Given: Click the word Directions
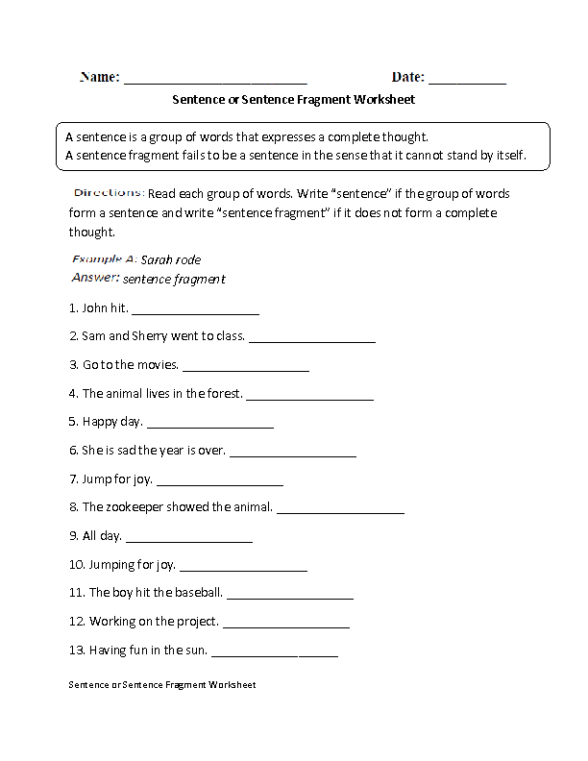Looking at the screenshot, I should coord(109,192).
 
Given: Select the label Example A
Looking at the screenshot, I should coord(103,259).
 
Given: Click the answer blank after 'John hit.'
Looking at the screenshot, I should coord(195,313).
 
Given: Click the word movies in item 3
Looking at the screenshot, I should coord(157,365).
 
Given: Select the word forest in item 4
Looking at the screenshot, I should coord(221,393).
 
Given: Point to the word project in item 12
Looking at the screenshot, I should coord(197,621).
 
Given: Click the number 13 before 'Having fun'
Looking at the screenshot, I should coord(77,650).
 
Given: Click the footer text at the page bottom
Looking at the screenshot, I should coord(162,685).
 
